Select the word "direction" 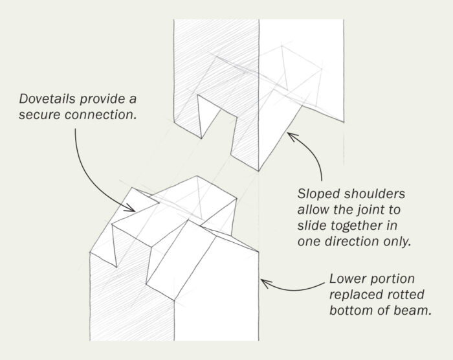[350, 240]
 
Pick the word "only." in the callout [397, 240]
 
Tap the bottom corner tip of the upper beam [259, 169]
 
